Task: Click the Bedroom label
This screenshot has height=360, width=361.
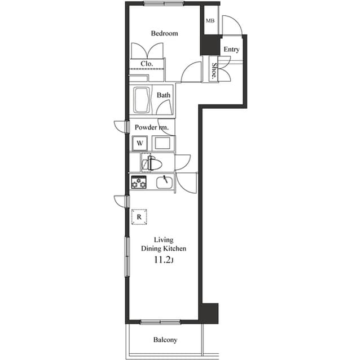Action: tap(164, 33)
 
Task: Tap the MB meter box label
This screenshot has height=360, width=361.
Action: tap(210, 21)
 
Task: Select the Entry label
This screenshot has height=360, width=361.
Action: tap(231, 50)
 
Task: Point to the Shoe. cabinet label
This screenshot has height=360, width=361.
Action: tap(215, 70)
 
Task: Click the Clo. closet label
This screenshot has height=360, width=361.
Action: tap(147, 64)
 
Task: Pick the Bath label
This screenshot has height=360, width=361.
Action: tap(164, 95)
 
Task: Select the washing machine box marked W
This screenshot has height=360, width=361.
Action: tap(140, 143)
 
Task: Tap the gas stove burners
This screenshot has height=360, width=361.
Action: tap(139, 182)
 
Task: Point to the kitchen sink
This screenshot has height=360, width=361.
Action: tap(164, 183)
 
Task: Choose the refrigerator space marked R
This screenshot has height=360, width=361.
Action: tap(139, 216)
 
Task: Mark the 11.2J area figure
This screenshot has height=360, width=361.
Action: tap(164, 260)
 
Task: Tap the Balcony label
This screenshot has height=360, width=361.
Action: tap(165, 340)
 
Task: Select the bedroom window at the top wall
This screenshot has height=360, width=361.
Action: tap(163, 3)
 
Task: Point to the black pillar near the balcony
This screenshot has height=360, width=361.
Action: tap(210, 313)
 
